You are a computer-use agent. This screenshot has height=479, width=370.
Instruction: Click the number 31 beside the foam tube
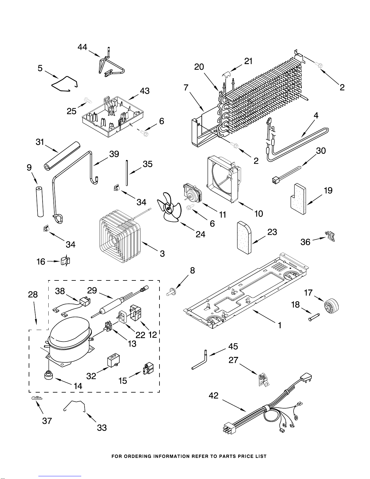click(x=40, y=142)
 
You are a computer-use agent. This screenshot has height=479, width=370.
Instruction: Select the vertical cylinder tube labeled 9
click(x=39, y=202)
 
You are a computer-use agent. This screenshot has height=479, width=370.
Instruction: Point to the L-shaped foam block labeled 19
click(x=297, y=199)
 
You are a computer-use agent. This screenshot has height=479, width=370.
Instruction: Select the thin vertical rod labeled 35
click(x=127, y=173)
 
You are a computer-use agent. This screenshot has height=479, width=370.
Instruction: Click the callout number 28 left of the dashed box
click(x=33, y=294)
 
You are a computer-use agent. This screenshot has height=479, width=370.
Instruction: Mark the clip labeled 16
click(x=66, y=261)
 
